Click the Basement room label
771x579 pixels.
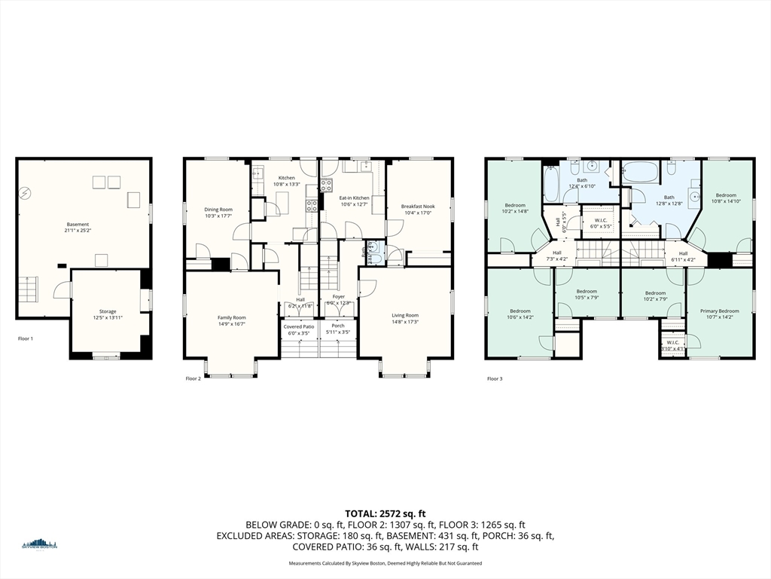coord(78,224)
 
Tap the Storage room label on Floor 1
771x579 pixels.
coord(108,311)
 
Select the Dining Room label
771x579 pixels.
coord(218,210)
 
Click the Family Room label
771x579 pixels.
coord(231,317)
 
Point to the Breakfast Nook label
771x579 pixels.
coord(418,207)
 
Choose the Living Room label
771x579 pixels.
coord(405,315)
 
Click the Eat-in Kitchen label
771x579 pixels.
coord(353,198)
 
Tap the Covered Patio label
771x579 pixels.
coord(299,326)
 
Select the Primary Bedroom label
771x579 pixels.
coord(719,311)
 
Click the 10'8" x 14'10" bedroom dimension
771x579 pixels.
coord(726,201)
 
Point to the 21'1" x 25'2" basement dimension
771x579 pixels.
coord(78,231)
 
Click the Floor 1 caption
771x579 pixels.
coord(26,339)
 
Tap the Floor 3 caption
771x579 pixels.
coord(495,378)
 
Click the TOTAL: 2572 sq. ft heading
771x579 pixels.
coord(385,513)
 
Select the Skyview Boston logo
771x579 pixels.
coord(39,544)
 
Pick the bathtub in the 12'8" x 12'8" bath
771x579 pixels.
coord(641,172)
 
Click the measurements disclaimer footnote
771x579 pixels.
coord(385,563)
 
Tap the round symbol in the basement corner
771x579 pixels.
coord(26,194)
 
